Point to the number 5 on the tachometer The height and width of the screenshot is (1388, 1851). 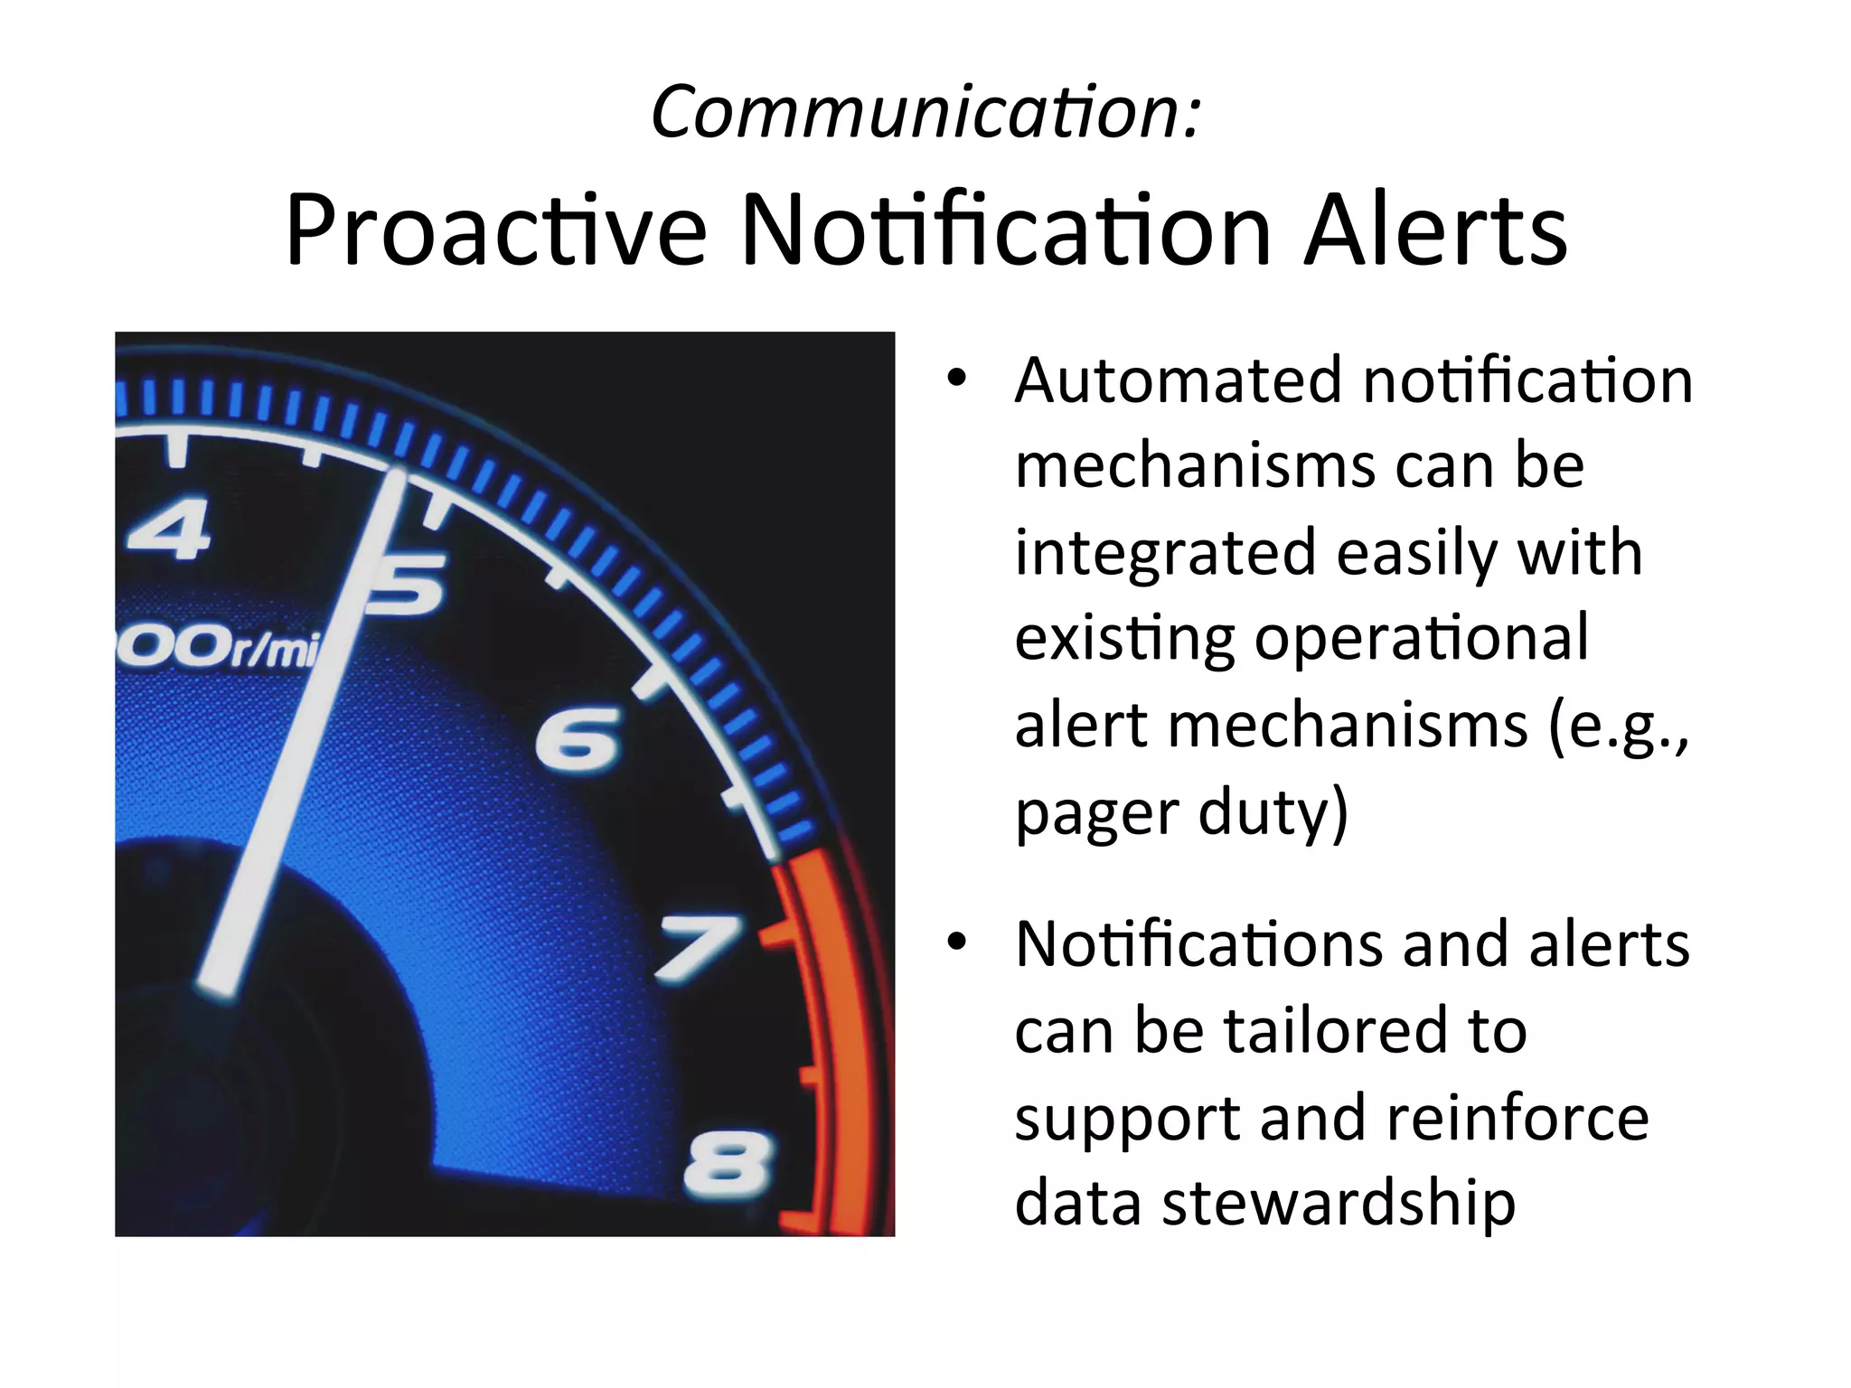(x=407, y=582)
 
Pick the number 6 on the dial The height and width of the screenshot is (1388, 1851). (x=578, y=739)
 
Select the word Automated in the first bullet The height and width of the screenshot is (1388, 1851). (x=1178, y=380)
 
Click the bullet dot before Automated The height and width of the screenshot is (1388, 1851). (x=956, y=380)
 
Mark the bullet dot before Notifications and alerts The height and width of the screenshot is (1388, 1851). (x=956, y=943)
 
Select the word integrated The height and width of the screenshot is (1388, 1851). (x=1165, y=553)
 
